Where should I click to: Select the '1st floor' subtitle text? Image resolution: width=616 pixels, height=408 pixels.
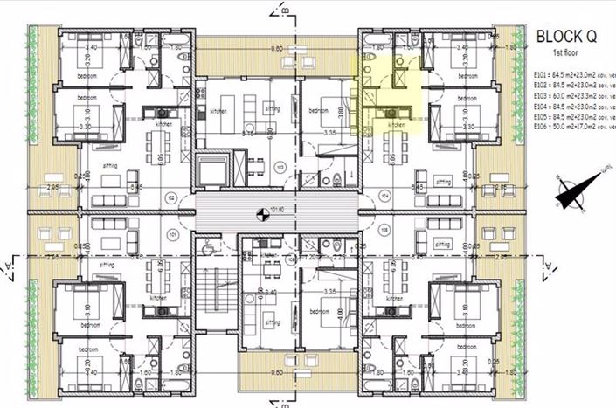567,54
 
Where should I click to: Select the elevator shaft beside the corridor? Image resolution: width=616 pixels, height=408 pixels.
212,171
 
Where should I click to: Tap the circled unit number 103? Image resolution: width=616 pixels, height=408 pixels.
280,166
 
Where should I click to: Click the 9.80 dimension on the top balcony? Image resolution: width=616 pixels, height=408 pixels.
278,49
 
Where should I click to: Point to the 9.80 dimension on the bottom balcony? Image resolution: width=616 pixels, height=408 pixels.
278,371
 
